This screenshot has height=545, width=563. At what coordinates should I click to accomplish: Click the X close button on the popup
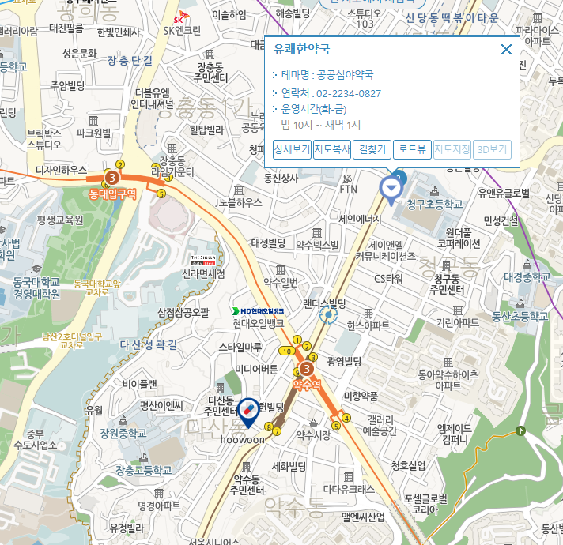coord(507,50)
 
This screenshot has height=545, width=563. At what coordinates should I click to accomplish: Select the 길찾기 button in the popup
coord(372,149)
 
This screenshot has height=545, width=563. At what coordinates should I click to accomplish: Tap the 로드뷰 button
coord(412,149)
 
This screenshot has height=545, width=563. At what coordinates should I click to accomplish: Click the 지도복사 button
coord(331,149)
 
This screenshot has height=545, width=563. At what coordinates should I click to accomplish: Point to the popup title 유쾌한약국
coord(301,49)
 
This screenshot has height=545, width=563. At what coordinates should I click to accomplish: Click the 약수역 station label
coord(306,385)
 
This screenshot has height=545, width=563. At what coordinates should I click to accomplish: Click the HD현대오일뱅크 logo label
coord(258,311)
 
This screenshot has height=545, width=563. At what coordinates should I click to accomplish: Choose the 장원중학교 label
coord(123,434)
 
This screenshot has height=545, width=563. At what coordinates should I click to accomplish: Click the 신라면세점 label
coord(203,274)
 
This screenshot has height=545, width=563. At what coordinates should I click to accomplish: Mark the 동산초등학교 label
coord(520,317)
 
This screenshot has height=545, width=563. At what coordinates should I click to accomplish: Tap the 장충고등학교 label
coord(143,470)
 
